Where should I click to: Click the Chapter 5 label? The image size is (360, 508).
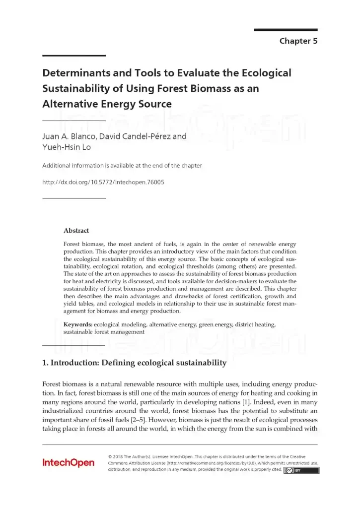pyautogui.click(x=298, y=41)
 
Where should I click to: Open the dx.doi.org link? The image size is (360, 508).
pyautogui.click(x=103, y=182)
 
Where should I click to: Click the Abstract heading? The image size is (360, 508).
pyautogui.click(x=76, y=230)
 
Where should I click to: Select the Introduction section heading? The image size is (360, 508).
pyautogui.click(x=135, y=363)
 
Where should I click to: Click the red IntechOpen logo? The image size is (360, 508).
pyautogui.click(x=68, y=463)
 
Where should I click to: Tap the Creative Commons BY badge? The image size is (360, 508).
pyautogui.click(x=301, y=470)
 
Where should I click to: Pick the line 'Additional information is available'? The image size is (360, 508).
pyautogui.click(x=122, y=165)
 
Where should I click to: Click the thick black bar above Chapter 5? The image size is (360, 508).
pyautogui.click(x=286, y=30)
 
